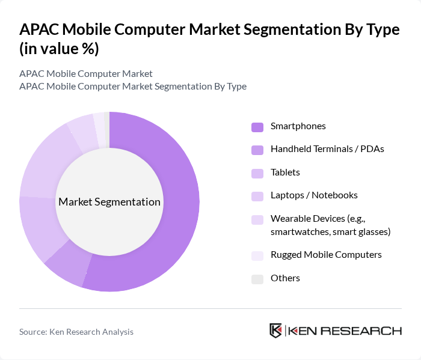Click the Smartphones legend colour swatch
[257, 127]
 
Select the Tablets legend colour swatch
[257, 173]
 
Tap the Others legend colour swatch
[257, 279]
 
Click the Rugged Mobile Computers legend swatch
[257, 255]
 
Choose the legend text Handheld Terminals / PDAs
[327, 149]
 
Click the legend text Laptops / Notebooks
[314, 195]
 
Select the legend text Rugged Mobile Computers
[326, 255]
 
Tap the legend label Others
[285, 278]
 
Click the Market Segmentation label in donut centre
[109, 202]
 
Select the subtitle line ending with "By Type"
[133, 87]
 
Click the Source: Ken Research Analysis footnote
[76, 332]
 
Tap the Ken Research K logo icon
[276, 331]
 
